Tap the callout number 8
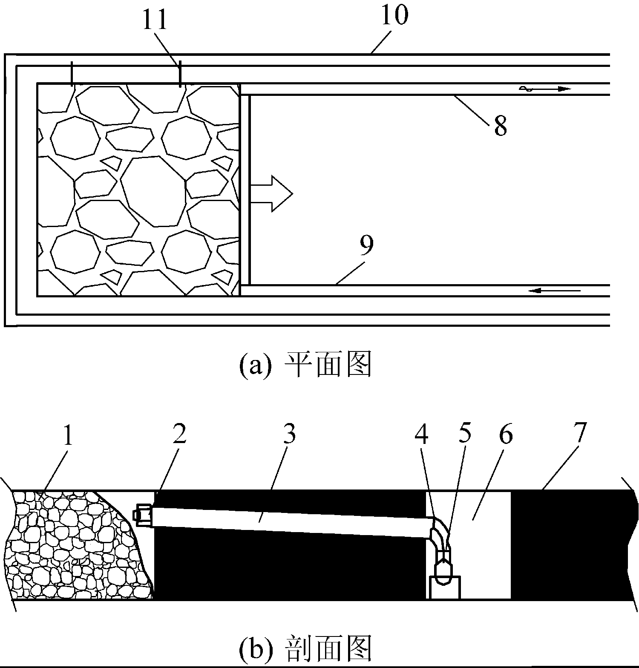pos(500,127)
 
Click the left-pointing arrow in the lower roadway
pos(554,291)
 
